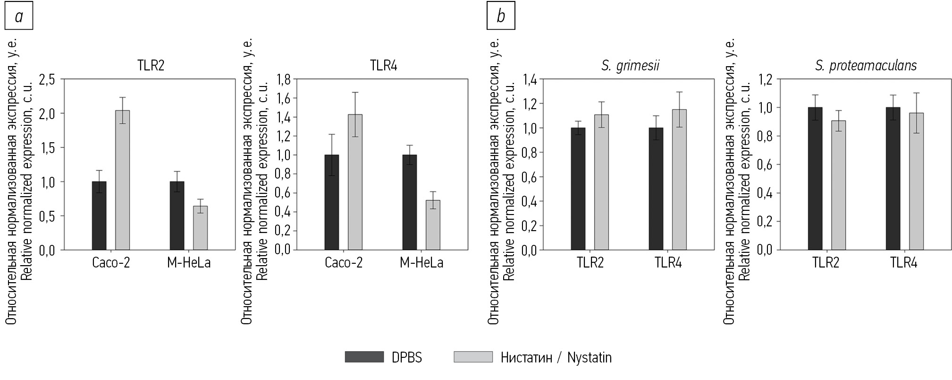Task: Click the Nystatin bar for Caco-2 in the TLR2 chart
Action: [122, 180]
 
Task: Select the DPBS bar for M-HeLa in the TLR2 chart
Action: [177, 216]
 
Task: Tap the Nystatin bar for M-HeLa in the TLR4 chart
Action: [433, 225]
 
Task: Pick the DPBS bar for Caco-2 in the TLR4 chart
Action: [332, 202]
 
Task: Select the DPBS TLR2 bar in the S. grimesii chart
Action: [578, 189]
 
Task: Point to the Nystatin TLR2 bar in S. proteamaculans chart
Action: [838, 185]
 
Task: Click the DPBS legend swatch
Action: [364, 357]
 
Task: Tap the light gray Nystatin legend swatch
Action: [473, 357]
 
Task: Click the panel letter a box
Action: [19, 17]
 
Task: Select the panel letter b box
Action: [501, 17]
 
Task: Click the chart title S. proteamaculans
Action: [866, 66]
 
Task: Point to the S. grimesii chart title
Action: [630, 66]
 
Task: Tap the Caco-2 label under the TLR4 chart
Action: [344, 263]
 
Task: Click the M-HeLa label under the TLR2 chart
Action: [189, 263]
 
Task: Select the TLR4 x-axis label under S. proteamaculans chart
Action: [904, 263]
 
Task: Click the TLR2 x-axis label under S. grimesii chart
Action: [590, 263]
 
